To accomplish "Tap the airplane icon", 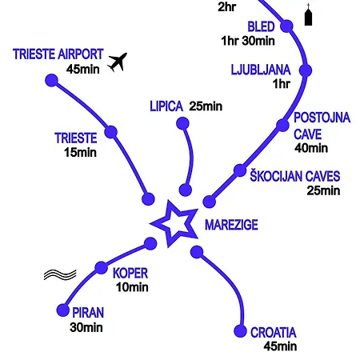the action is tap(118, 62).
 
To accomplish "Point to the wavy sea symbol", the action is tap(60, 274).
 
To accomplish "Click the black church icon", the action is tap(308, 14).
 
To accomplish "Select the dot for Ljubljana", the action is tap(306, 70).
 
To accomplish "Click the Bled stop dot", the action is tap(287, 26).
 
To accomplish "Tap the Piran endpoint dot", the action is tap(63, 310).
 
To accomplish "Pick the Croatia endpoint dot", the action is tap(240, 331).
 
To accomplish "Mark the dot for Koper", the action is tap(102, 267).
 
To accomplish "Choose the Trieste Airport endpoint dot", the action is tap(52, 80).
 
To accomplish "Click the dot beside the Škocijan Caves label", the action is tap(240, 170).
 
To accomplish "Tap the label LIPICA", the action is tap(166, 106).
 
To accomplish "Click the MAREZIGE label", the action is tap(231, 225).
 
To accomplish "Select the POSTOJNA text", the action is tap(322, 118).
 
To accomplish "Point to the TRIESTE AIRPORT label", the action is tap(58, 54).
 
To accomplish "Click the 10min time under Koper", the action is tap(132, 287).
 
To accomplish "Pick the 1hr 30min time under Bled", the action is tap(248, 41).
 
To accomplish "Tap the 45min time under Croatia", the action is tap(280, 346).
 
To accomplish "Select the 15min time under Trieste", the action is tap(80, 153).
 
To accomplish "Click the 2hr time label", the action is tap(227, 7).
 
